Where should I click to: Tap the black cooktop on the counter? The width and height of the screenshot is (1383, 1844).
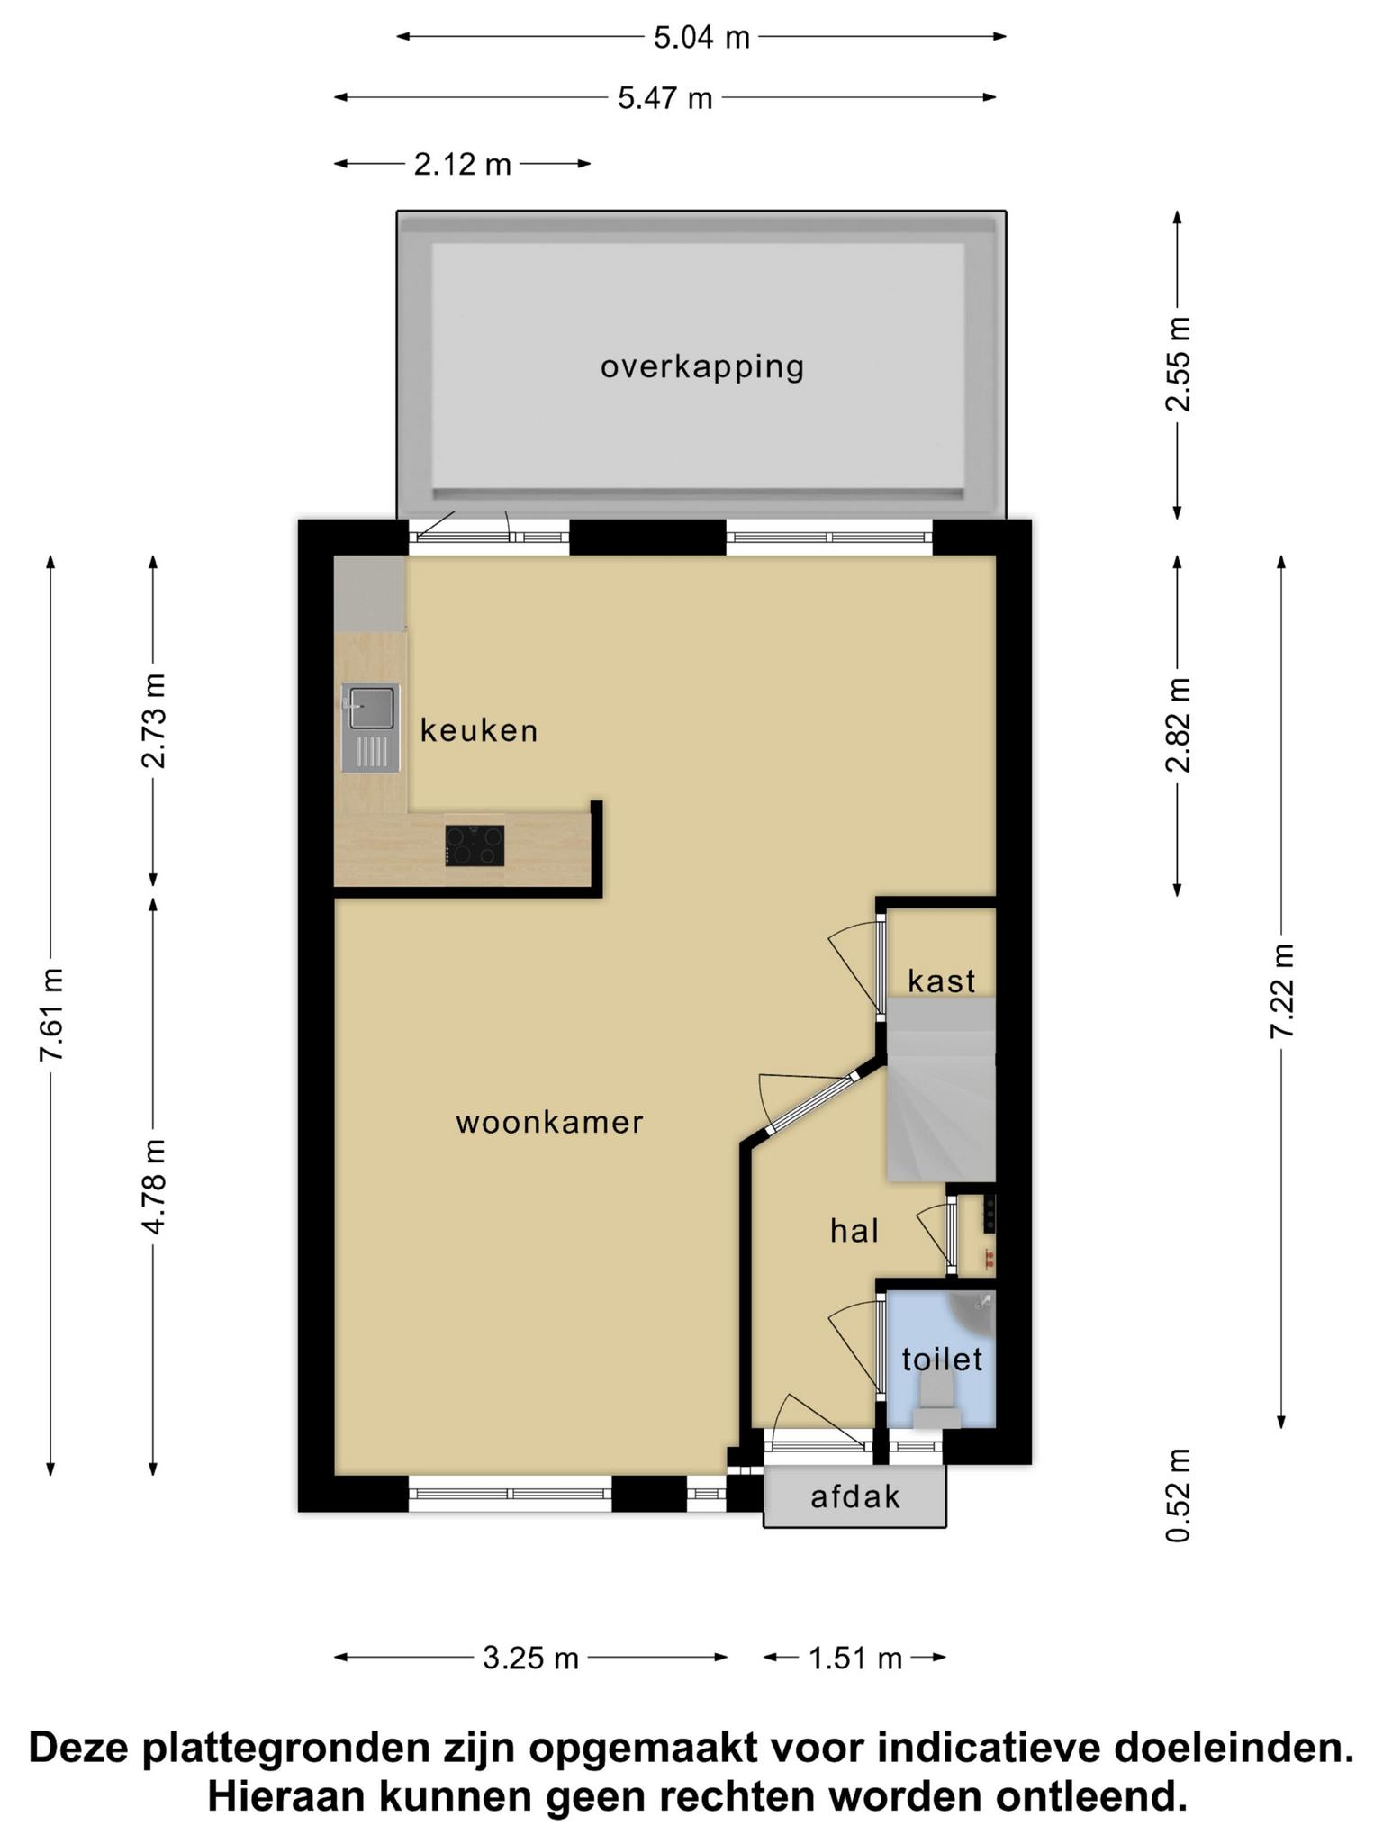coord(475,845)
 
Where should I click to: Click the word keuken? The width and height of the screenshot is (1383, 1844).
coord(479,731)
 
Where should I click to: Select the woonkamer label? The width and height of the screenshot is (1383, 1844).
coord(549,1123)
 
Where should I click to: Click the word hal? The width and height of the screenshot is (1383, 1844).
coord(854,1231)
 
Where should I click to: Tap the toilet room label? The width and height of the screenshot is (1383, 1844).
coord(942,1359)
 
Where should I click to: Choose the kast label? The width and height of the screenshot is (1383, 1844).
coord(941,981)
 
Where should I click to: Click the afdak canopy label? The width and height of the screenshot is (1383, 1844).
coord(854,1496)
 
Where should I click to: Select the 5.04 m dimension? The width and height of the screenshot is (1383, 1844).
coord(701,37)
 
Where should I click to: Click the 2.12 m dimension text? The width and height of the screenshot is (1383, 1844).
coord(463,164)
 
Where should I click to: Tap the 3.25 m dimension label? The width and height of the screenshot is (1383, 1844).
coord(530,1658)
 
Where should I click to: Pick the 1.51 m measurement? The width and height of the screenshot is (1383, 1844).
coord(854,1658)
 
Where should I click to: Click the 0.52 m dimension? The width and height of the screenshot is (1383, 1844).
coord(1178,1496)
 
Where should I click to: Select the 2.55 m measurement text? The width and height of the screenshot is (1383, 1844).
coord(1178,365)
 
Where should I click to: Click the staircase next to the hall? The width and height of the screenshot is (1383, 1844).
coord(941,1089)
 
